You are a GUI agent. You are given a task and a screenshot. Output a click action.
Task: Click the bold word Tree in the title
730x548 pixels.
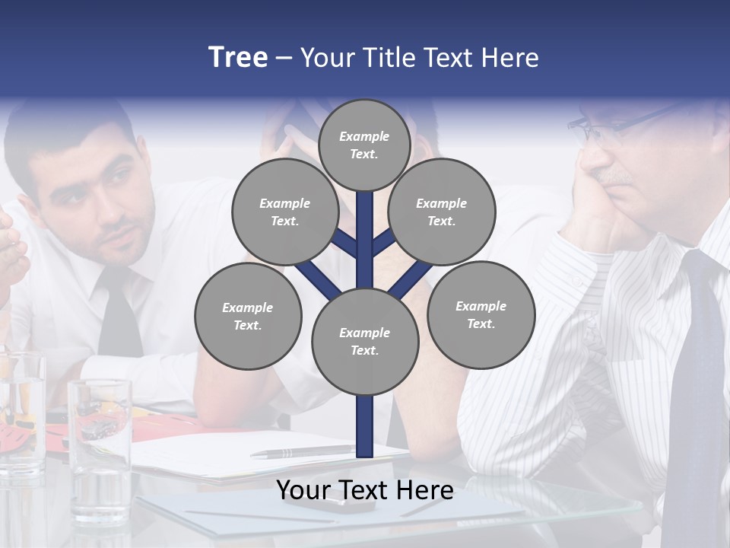point(238,57)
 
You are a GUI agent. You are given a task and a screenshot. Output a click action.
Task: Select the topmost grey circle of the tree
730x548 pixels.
point(364,145)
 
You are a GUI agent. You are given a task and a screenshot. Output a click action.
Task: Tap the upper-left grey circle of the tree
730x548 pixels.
point(284,212)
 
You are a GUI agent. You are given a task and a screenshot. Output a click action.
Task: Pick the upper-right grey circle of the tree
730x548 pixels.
point(442,212)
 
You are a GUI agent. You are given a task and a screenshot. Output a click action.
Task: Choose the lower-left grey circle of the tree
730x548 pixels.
point(248,317)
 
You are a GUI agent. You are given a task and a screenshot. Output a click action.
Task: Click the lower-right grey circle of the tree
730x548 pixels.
point(481,315)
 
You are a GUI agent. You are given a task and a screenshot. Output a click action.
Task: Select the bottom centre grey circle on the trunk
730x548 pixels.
point(365,342)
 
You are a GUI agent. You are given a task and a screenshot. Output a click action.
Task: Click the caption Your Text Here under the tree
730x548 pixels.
point(365,490)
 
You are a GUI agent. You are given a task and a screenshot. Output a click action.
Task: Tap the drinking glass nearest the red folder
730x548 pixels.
point(100,449)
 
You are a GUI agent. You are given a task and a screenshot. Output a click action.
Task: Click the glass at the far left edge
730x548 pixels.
point(21,411)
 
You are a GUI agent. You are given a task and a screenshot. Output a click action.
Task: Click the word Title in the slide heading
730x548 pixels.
point(393,58)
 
